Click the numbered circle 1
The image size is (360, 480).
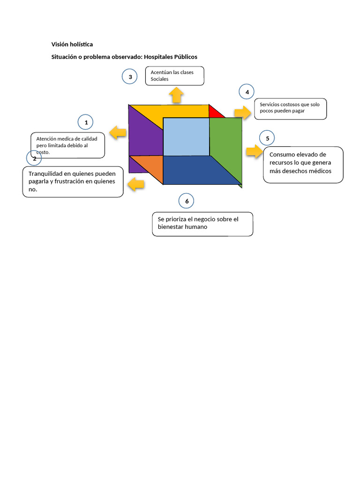(86, 123)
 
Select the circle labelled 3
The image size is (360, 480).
(129, 77)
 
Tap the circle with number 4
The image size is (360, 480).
(247, 92)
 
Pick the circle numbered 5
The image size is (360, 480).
(267, 138)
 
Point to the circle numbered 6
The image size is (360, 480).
(187, 202)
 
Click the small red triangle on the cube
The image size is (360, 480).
(215, 112)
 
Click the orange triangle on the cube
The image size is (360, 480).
(149, 165)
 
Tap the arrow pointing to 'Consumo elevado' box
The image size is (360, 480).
(254, 152)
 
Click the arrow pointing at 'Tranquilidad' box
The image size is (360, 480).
(136, 184)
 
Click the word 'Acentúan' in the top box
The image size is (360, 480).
(162, 73)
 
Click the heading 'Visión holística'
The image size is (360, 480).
(72, 45)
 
